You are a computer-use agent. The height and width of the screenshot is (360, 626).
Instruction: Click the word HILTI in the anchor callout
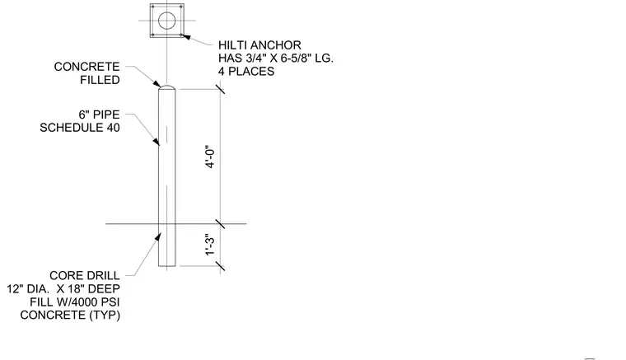231,45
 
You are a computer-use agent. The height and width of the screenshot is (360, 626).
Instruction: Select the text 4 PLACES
246,72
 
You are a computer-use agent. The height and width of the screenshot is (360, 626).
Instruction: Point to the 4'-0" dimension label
210,157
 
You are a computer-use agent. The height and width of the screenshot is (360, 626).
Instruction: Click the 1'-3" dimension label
210,245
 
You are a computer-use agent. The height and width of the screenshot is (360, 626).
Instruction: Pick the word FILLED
100,80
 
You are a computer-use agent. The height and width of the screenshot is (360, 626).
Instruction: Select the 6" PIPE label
99,115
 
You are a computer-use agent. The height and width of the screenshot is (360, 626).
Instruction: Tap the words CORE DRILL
85,276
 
